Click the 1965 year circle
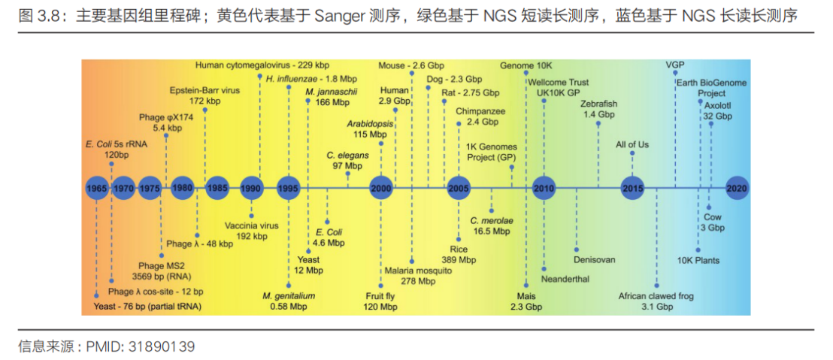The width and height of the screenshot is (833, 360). click(x=95, y=188)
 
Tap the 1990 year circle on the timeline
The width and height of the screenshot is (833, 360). click(x=251, y=188)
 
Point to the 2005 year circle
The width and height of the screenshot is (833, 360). click(x=458, y=188)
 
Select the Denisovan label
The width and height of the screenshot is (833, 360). click(x=594, y=260)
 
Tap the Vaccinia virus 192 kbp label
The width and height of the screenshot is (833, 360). click(x=251, y=230)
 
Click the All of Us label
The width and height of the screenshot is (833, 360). click(x=632, y=144)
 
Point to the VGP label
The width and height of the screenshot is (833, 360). click(x=675, y=65)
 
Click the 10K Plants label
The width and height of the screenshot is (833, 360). click(x=698, y=260)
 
